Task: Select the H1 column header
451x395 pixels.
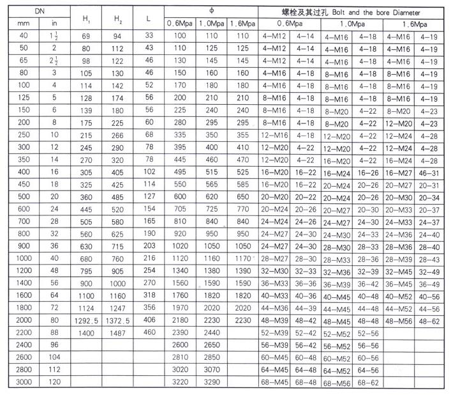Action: [x=86, y=19]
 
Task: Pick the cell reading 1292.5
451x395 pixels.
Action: [x=86, y=319]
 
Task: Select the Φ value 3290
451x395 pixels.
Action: [x=211, y=382]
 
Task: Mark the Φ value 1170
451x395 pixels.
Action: [x=243, y=258]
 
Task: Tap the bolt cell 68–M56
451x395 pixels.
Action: [x=337, y=383]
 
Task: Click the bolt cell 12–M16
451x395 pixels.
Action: [x=276, y=136]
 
